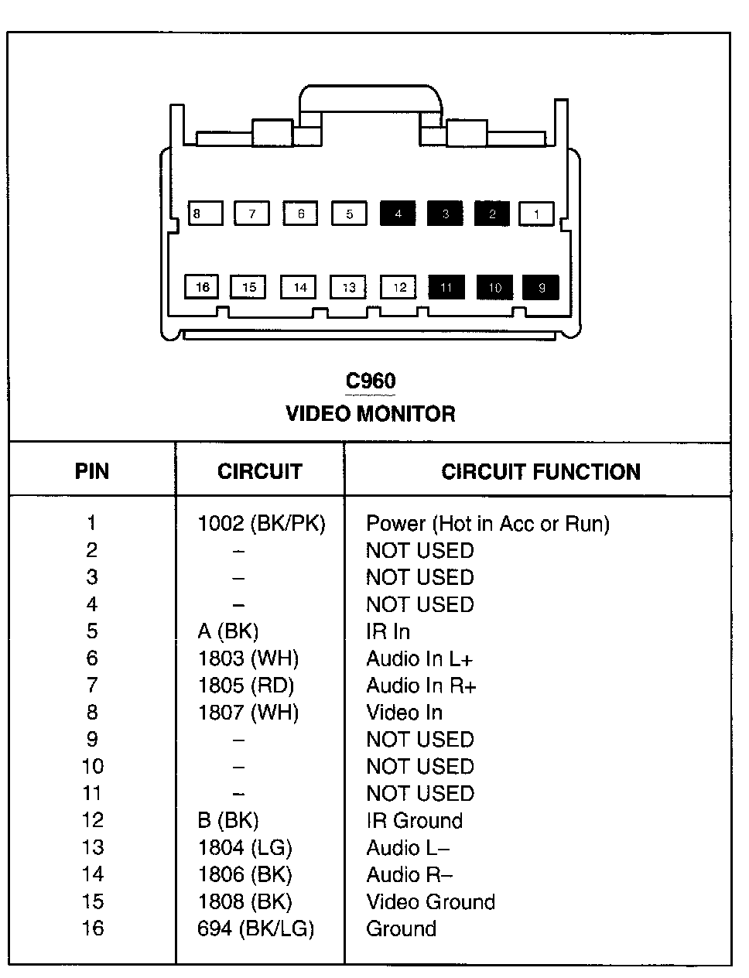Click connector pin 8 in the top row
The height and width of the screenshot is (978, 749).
pos(205,214)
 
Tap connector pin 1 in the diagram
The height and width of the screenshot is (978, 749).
pos(536,214)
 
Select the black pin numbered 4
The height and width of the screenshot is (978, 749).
pos(398,214)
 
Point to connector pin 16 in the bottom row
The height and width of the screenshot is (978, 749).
pos(202,287)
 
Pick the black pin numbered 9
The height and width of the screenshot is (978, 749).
pos(541,287)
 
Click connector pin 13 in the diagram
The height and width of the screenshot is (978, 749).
pos(348,287)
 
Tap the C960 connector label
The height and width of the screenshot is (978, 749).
pos(370,381)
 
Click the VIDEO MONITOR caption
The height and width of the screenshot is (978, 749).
pos(370,413)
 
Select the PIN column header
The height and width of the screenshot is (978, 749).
pos(92,471)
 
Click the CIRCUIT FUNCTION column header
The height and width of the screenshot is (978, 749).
pos(540,471)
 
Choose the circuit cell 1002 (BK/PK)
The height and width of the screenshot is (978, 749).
pos(262,524)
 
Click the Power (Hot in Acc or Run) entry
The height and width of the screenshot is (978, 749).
pos(487,524)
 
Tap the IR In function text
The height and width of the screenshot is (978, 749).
pos(388,631)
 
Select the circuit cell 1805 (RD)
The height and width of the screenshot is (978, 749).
pos(246,686)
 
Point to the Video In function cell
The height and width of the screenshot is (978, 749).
pos(404,713)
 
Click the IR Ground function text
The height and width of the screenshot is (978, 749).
pos(414,820)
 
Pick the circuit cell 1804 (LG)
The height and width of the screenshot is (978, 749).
pos(245,847)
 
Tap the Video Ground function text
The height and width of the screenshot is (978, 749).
pos(430,901)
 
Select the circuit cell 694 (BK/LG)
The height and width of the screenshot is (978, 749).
pos(255,928)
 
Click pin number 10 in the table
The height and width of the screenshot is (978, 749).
pos(92,767)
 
